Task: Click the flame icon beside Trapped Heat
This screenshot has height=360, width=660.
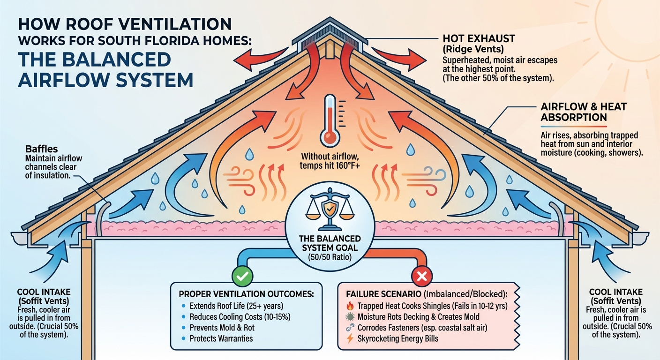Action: [x=349, y=306]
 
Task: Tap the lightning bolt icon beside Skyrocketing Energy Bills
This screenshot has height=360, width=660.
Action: [x=349, y=338]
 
